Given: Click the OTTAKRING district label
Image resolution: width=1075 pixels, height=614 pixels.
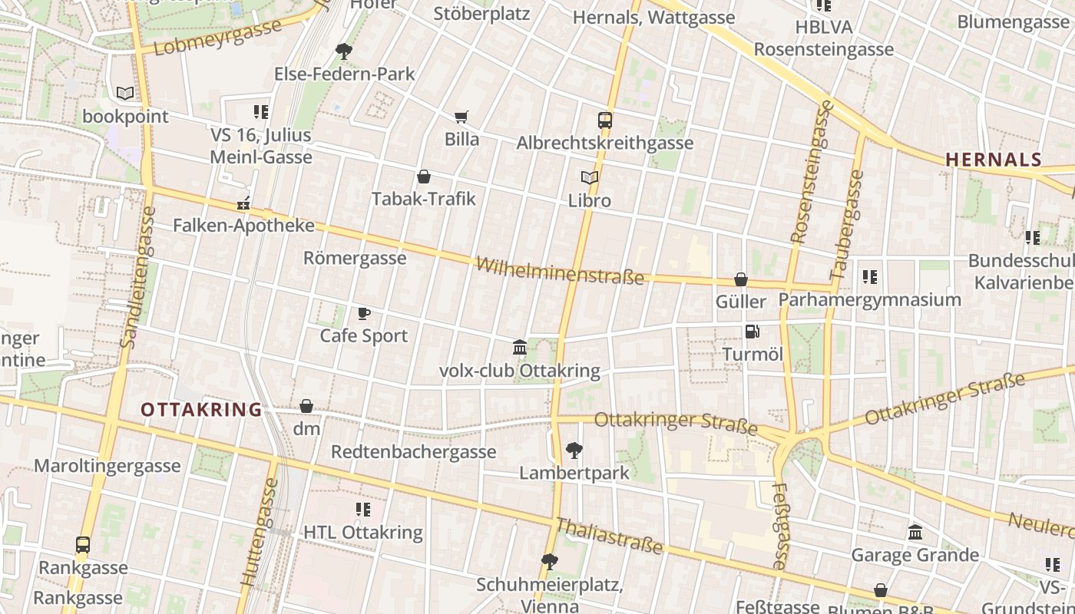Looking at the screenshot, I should [201, 410].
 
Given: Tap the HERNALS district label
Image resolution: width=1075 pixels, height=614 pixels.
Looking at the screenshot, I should [993, 160].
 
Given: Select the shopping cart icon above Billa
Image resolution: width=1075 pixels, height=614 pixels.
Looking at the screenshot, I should [461, 117].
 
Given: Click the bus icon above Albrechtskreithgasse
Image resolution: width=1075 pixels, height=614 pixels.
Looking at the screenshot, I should [605, 120].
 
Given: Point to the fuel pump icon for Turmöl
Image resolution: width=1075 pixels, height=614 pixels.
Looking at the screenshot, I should [752, 332].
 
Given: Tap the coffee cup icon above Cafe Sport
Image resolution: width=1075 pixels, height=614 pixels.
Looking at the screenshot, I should [364, 313].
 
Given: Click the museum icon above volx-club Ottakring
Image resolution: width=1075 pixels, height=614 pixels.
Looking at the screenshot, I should [520, 348].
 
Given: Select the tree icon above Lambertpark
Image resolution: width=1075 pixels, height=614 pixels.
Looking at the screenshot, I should [574, 451].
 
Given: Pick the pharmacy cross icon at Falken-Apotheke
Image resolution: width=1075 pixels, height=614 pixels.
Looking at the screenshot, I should [243, 204].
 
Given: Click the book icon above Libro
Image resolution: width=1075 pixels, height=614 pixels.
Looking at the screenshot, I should [589, 178].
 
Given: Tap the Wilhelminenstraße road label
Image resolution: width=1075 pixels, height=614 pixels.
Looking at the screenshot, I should [559, 270].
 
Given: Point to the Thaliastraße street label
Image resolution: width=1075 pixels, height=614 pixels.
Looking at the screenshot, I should [609, 535].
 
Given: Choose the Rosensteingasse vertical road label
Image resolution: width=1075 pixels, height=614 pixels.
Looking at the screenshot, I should [810, 173].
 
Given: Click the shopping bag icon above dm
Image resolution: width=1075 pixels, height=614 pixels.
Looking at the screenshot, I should [306, 406].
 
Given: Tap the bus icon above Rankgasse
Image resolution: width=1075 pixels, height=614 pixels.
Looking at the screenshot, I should [82, 546].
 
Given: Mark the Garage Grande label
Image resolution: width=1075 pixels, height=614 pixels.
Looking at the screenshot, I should [914, 555].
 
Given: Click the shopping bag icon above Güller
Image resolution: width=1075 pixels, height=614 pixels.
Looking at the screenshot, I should [741, 279].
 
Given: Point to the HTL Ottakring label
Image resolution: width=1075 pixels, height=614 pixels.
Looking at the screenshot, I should [362, 532].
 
